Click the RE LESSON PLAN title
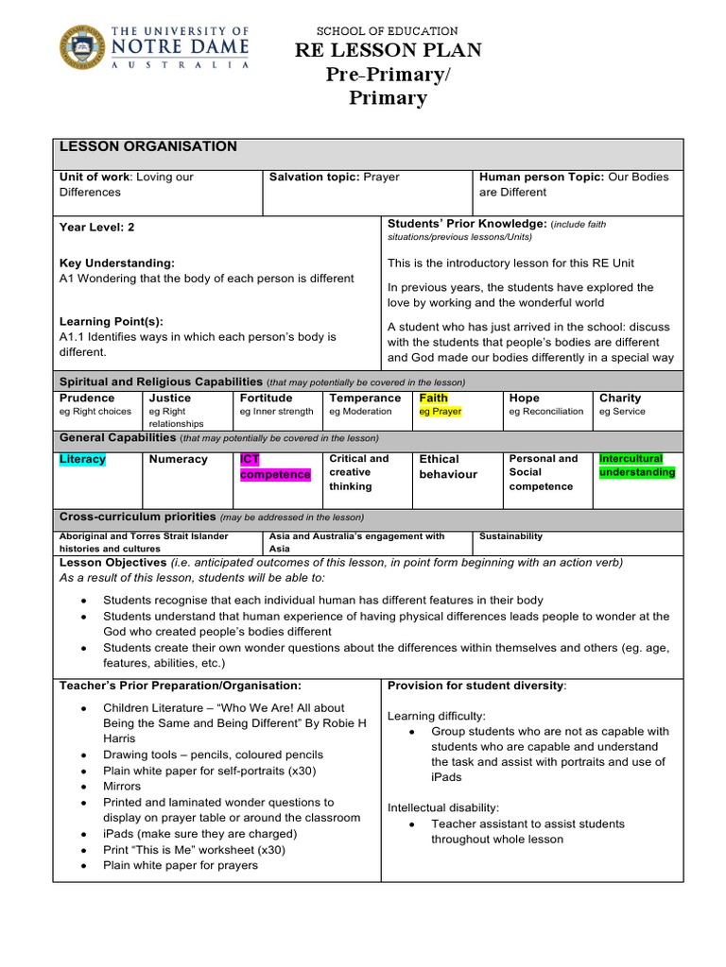point(388,50)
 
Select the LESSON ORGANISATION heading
point(148,146)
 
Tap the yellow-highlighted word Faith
point(433,398)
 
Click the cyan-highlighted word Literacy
point(82,459)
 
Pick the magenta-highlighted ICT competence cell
point(274,467)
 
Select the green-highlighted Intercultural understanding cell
point(637,466)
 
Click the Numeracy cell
point(178,459)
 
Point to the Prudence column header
point(87,398)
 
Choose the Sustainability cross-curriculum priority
point(510,536)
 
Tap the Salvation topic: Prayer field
point(335,177)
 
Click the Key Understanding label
point(116,263)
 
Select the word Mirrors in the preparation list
point(122,786)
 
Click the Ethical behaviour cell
point(448,467)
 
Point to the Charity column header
point(619,398)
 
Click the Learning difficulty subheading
point(436,716)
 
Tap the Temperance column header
point(365,398)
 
